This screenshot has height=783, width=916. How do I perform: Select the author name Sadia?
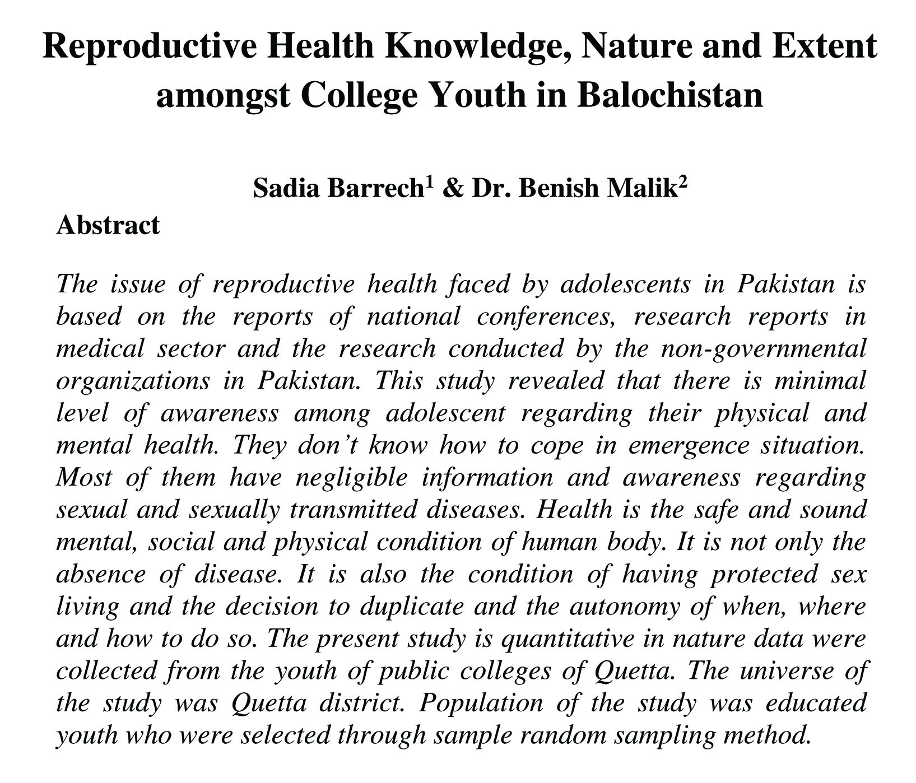pyautogui.click(x=286, y=188)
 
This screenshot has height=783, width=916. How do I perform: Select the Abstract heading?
pyautogui.click(x=108, y=226)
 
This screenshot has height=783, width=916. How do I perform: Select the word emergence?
pyautogui.click(x=689, y=446)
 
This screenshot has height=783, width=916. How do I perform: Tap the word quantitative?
pyautogui.click(x=567, y=639)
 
